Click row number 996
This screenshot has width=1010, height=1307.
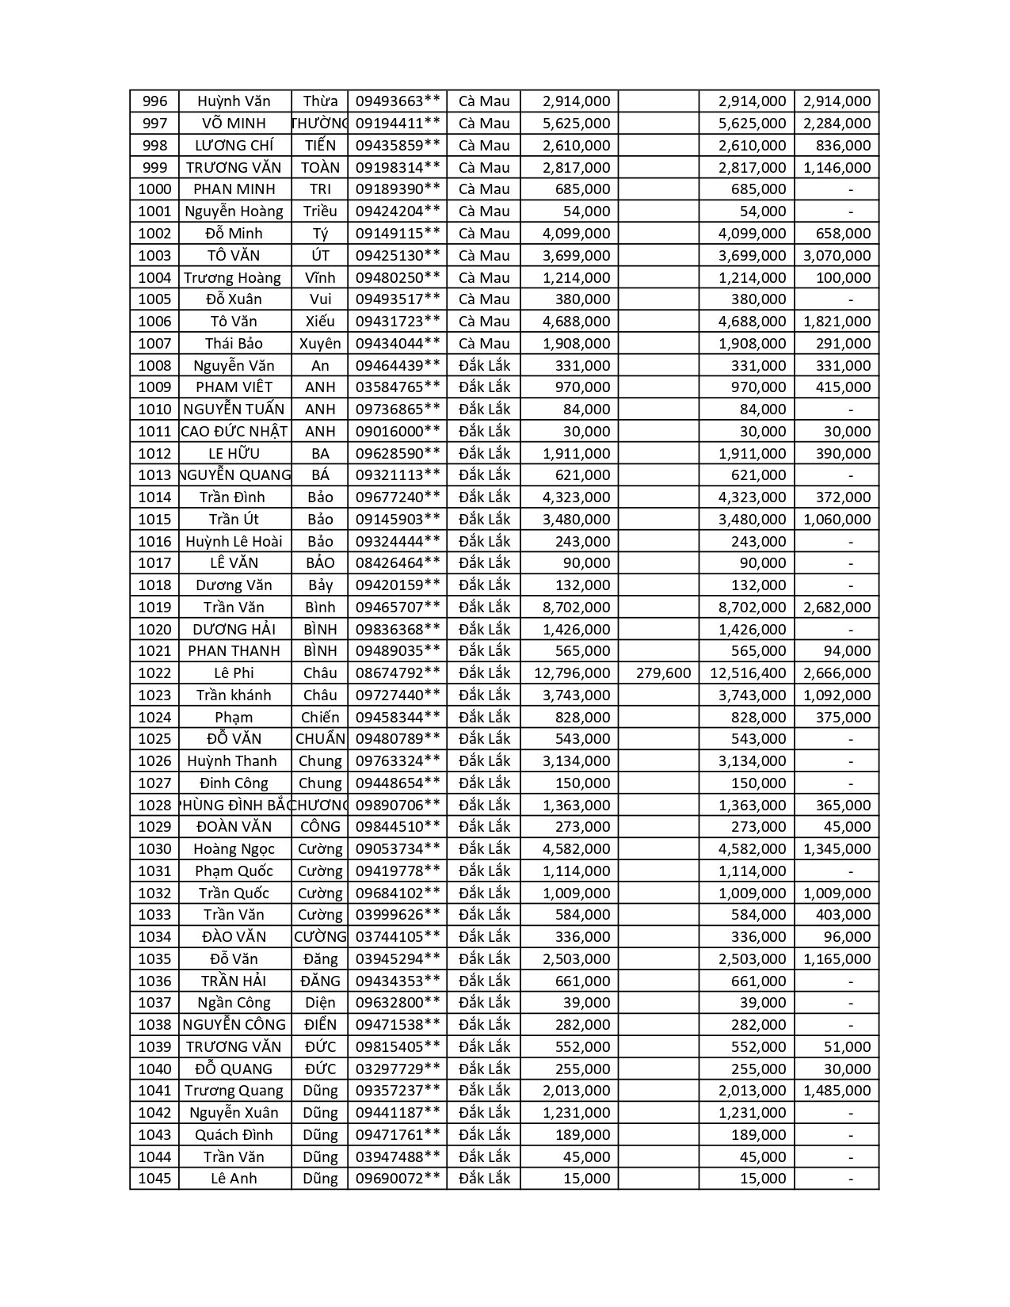(x=154, y=101)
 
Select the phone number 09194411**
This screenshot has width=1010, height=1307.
(x=398, y=124)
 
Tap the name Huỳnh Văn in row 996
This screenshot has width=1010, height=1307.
(x=234, y=101)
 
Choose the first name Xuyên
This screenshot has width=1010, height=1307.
(x=320, y=344)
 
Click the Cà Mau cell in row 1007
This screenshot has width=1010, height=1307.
(x=484, y=344)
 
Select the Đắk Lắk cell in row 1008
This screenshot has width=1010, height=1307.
(x=484, y=366)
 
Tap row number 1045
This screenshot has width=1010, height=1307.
(x=154, y=1179)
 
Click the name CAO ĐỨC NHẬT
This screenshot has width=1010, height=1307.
(x=234, y=432)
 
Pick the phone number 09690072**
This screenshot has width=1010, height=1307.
(x=398, y=1179)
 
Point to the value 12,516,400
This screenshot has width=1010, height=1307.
(x=748, y=673)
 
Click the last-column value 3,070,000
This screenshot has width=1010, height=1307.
(x=837, y=256)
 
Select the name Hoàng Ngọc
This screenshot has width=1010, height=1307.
(x=234, y=849)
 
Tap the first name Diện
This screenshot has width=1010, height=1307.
(x=320, y=1003)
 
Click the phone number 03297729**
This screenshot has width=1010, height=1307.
(x=398, y=1069)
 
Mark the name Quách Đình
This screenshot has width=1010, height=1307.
(x=234, y=1135)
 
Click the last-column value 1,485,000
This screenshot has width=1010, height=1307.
(x=837, y=1091)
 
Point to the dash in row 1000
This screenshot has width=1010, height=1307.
(x=850, y=189)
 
